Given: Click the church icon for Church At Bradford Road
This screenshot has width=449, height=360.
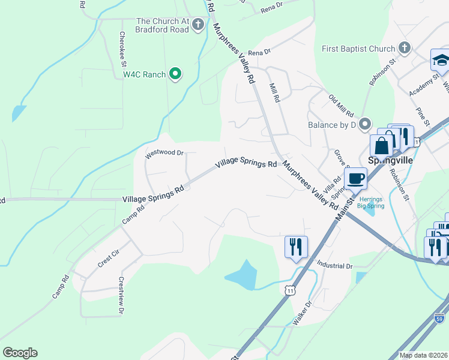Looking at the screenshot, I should [198, 25].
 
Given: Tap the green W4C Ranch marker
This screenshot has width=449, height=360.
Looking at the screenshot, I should [175, 74].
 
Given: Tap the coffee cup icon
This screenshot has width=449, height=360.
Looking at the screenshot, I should [355, 178].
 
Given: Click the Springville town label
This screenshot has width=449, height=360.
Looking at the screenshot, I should [390, 161].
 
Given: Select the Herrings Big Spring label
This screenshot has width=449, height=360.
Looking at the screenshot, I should [371, 203].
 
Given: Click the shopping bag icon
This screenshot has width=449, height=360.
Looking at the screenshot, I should [382, 145].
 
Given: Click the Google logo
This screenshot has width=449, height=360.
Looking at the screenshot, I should [20, 353].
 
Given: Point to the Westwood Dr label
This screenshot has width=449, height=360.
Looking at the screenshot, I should [164, 153].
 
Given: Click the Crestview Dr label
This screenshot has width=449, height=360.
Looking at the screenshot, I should [121, 295].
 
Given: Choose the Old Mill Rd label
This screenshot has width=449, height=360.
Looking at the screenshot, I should [340, 106].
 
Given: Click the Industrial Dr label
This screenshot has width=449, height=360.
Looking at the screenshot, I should [334, 265].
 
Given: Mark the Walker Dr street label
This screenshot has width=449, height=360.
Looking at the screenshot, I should [303, 313].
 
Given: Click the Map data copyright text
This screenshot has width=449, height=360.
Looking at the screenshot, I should [423, 355].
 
